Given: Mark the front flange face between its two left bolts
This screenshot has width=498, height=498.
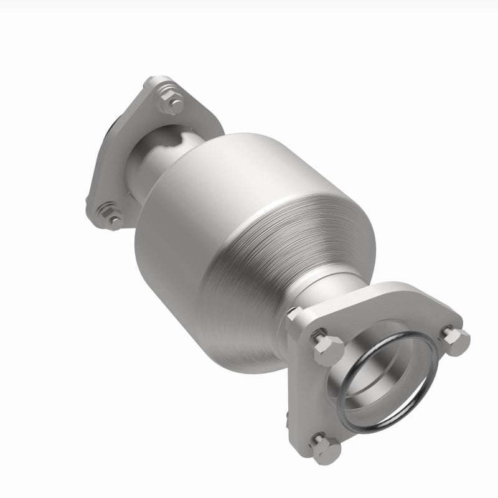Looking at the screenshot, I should tap(311, 398).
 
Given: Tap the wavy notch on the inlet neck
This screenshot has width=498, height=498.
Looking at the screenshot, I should tap(177, 137).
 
